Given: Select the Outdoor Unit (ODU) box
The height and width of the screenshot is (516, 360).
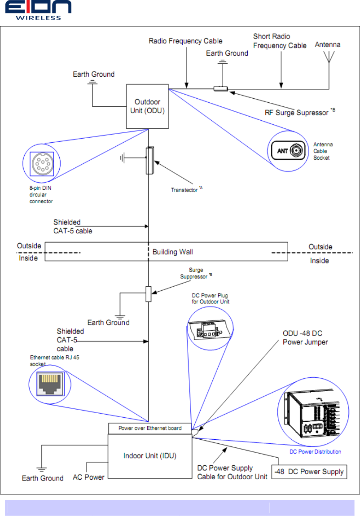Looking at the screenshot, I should pos(148,106).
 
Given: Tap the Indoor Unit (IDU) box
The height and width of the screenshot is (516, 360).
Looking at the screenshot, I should pos(150,456).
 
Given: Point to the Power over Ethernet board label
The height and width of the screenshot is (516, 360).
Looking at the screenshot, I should pos(150,428).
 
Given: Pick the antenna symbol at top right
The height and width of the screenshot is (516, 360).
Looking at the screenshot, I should pos(329,57).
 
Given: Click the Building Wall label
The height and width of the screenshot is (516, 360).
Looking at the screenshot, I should pos(173,252).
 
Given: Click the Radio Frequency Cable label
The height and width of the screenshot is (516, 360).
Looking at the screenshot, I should pos(185,41).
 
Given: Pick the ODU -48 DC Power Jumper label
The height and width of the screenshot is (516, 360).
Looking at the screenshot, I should pos(305,338).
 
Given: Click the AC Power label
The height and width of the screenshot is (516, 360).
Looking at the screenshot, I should pos(88,477).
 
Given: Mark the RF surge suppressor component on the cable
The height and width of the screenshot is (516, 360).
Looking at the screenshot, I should pos(220,88).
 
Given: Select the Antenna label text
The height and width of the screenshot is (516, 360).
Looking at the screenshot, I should pos(328,44).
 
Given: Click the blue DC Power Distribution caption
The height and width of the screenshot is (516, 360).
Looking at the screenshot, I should pos(315,451).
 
